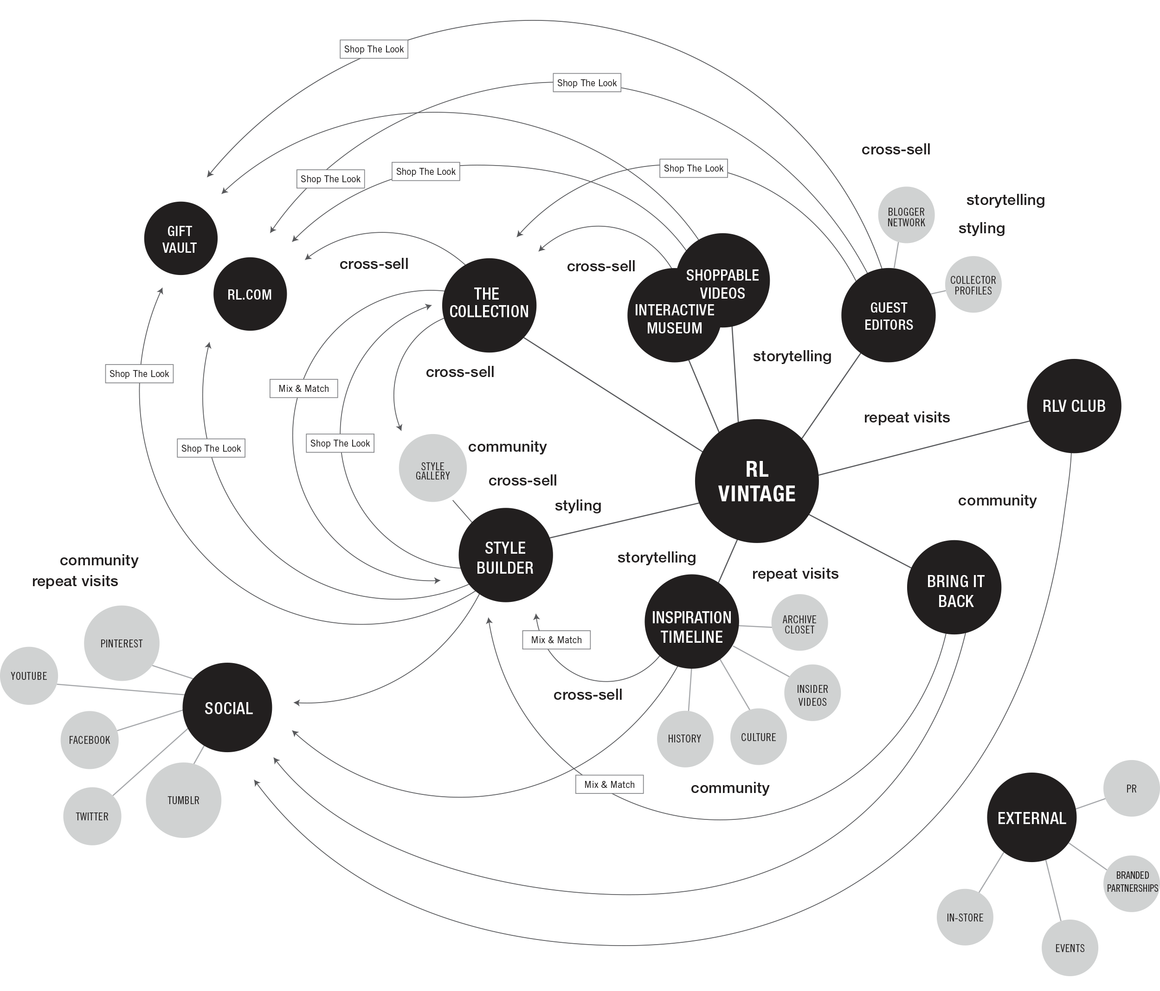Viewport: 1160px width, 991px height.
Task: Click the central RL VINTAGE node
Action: [756, 481]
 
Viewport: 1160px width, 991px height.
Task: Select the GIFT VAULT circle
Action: [180, 238]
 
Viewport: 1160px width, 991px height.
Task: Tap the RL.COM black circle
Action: [250, 294]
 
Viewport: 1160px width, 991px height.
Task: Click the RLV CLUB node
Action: [1074, 406]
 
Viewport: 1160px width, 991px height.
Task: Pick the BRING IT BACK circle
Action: [954, 587]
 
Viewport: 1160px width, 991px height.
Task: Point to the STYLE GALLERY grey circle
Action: [432, 468]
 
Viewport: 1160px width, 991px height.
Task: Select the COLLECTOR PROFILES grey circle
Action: [973, 284]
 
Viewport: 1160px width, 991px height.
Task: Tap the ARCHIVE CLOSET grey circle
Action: [799, 622]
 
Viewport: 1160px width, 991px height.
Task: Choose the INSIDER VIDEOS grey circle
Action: [812, 693]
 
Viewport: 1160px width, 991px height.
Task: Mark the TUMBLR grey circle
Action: [184, 800]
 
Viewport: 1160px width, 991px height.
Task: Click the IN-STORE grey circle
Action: [965, 918]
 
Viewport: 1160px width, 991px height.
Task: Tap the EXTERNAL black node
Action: [1031, 818]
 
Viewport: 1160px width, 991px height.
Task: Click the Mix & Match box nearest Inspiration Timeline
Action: [556, 639]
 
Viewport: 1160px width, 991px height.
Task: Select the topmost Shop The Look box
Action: [374, 49]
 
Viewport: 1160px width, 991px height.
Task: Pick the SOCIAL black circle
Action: [228, 708]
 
